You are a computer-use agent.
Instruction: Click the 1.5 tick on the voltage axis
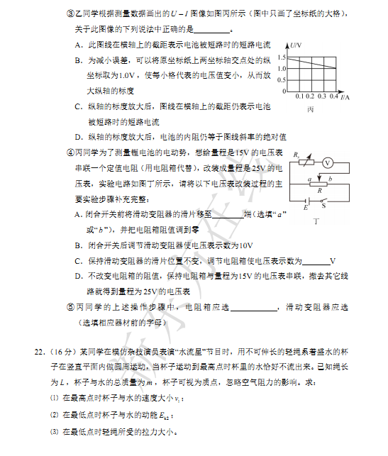[282, 56]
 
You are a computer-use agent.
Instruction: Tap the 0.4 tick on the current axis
[333, 96]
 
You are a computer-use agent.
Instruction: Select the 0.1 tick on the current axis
[299, 96]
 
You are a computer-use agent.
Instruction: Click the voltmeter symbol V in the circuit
[328, 162]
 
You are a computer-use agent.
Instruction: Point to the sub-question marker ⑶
[52, 432]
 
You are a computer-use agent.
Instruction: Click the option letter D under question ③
[78, 136]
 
